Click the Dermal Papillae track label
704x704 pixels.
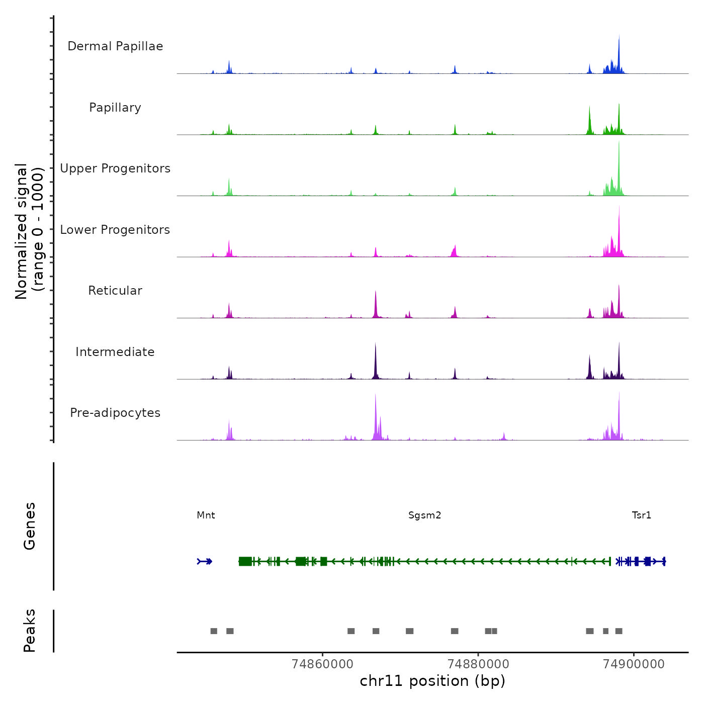pyautogui.click(x=115, y=46)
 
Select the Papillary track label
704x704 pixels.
pyautogui.click(x=115, y=108)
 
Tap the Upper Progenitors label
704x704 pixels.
pyautogui.click(x=115, y=168)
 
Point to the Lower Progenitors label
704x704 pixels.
pyautogui.click(x=115, y=230)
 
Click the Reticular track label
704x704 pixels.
pyautogui.click(x=115, y=291)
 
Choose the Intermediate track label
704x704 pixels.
pyautogui.click(x=115, y=352)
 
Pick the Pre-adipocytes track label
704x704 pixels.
pyautogui.click(x=115, y=413)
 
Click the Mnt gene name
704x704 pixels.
pyautogui.click(x=206, y=515)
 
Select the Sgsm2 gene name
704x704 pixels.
pyautogui.click(x=424, y=515)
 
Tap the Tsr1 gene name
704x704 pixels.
pyautogui.click(x=641, y=515)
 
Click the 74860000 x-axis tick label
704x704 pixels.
pyautogui.click(x=322, y=664)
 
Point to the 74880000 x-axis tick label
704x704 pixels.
pyautogui.click(x=478, y=664)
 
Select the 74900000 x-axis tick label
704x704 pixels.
pyautogui.click(x=634, y=664)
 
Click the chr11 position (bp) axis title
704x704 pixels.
pyautogui.click(x=432, y=681)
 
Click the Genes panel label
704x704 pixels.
pyautogui.click(x=29, y=525)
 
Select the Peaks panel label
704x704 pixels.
pyautogui.click(x=29, y=631)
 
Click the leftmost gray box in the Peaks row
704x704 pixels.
pyautogui.click(x=214, y=631)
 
